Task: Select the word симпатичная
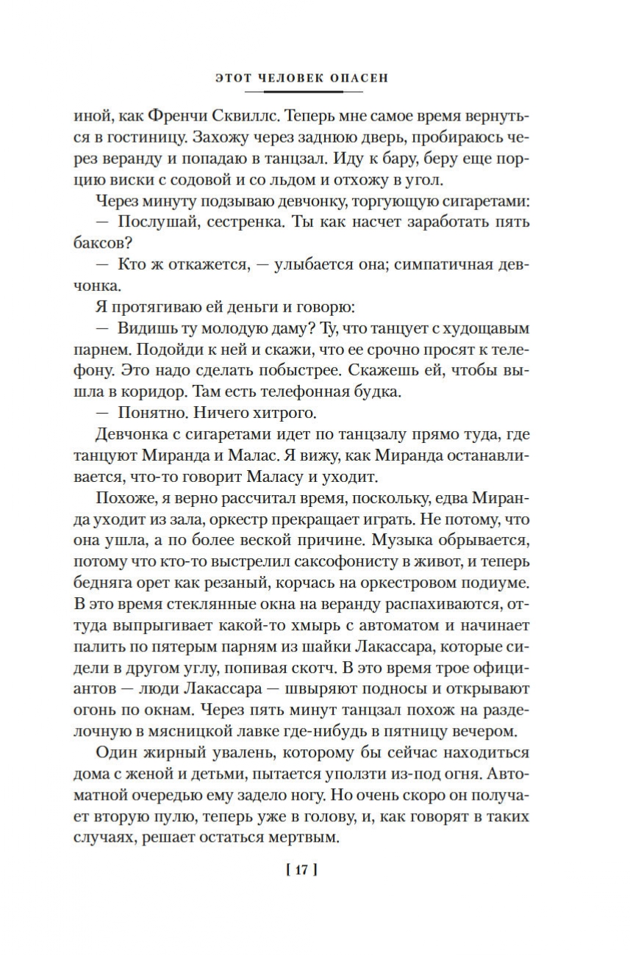(442, 263)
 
